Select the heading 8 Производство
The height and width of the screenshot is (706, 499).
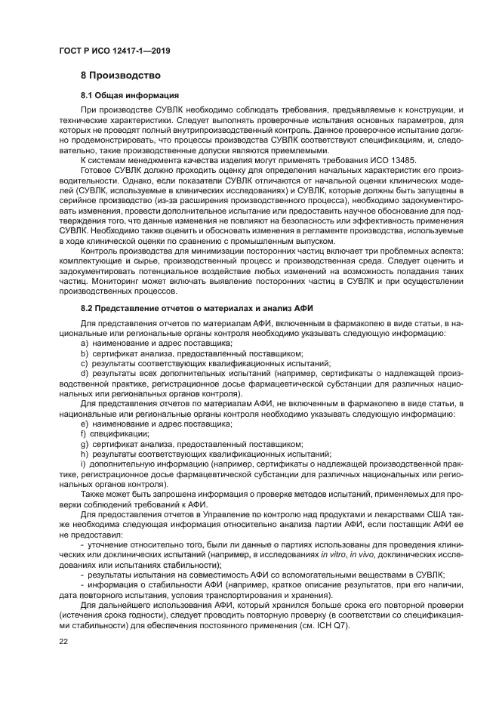coord(121,76)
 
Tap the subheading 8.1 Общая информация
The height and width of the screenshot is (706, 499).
coord(130,96)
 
